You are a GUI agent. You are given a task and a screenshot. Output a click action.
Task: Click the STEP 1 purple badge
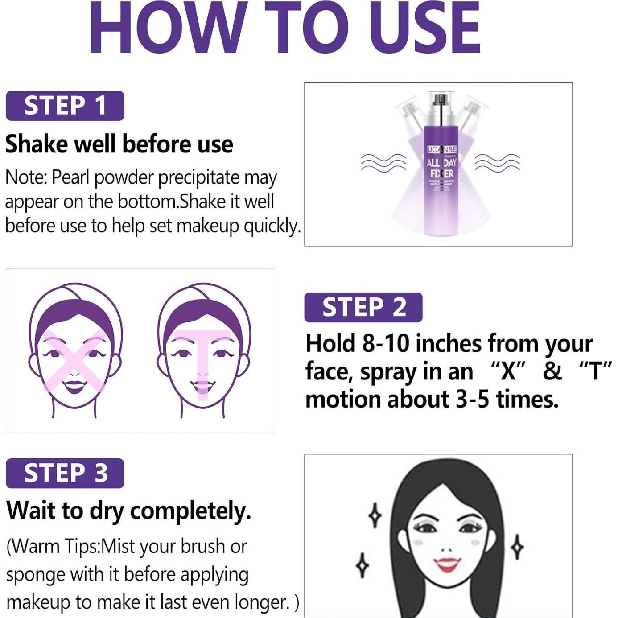click(x=65, y=106)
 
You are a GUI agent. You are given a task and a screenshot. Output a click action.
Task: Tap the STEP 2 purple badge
click(x=363, y=307)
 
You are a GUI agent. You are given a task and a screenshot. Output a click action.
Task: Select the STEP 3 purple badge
click(x=65, y=473)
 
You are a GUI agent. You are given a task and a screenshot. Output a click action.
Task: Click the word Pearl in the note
click(x=71, y=177)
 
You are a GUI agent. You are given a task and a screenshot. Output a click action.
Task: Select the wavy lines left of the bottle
click(x=383, y=162)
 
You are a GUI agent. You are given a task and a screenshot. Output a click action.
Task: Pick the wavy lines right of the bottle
click(x=497, y=162)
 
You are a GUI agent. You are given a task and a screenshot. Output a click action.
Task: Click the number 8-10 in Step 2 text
click(x=385, y=344)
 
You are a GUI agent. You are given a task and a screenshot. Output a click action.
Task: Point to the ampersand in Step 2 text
click(x=552, y=371)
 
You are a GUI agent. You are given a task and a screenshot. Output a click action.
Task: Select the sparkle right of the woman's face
click(x=517, y=547)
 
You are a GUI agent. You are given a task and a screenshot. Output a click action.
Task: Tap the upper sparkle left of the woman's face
click(x=375, y=515)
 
